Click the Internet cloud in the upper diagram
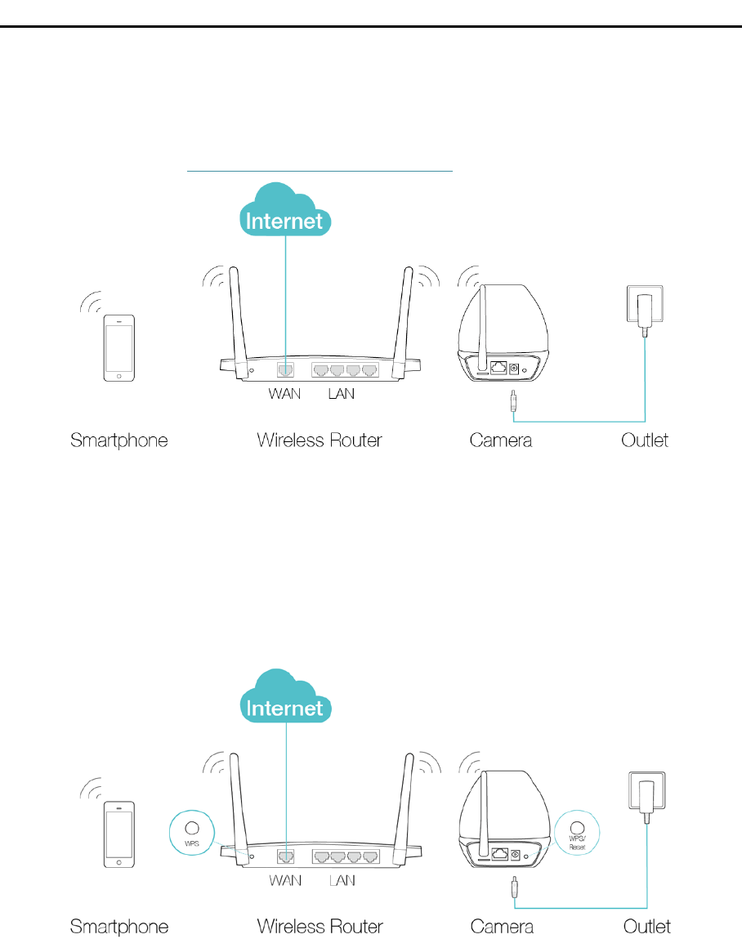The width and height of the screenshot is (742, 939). coord(285,212)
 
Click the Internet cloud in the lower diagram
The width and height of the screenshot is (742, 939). coord(285,699)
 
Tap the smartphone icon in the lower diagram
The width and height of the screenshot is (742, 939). coord(120,834)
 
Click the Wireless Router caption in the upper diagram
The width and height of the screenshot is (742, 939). coord(320,440)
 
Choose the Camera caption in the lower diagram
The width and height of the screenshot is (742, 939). coord(502,927)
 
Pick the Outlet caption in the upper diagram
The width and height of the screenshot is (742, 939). coord(645,440)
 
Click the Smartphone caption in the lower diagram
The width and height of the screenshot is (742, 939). coord(119,927)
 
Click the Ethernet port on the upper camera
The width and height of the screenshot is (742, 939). coord(498,369)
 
